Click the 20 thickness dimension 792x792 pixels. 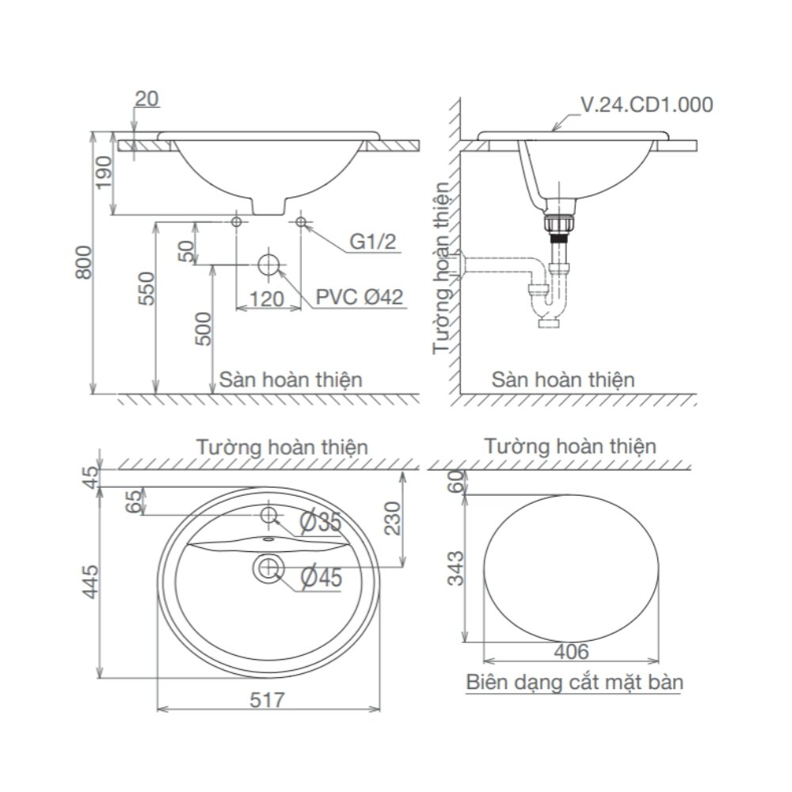click(147, 98)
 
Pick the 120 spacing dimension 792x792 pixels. click(268, 299)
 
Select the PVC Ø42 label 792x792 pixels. click(360, 297)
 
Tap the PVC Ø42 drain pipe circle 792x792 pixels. click(270, 264)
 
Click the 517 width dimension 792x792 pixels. click(266, 699)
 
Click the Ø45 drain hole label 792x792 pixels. click(321, 578)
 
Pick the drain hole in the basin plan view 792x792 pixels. click(269, 567)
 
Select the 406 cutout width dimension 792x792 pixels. click(570, 652)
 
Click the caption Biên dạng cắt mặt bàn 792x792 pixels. click(574, 682)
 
